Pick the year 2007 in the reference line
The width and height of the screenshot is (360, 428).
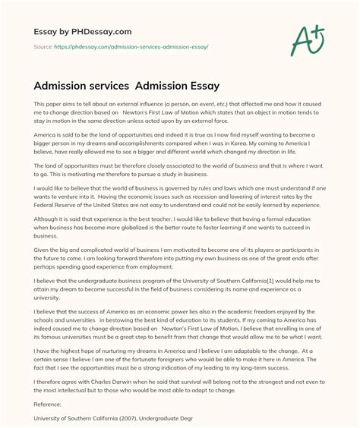(128, 417)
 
